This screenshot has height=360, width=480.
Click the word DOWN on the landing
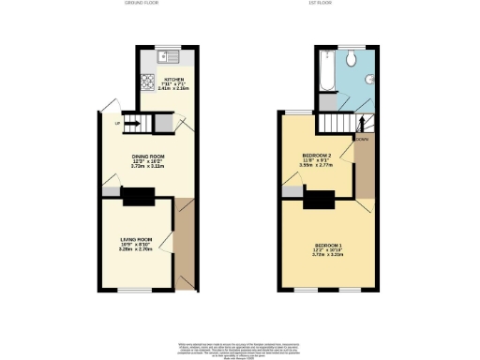click(361, 141)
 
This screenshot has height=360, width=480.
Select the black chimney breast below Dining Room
click(139, 196)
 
